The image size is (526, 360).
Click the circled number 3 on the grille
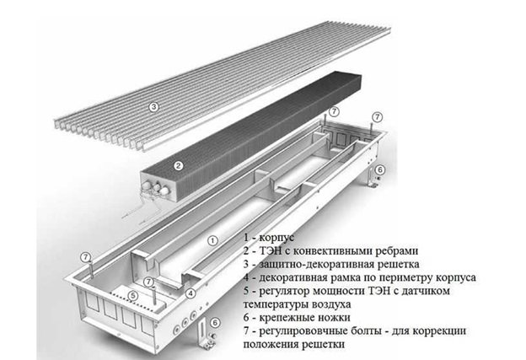[154, 107]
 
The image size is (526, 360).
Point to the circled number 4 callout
[192, 293]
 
